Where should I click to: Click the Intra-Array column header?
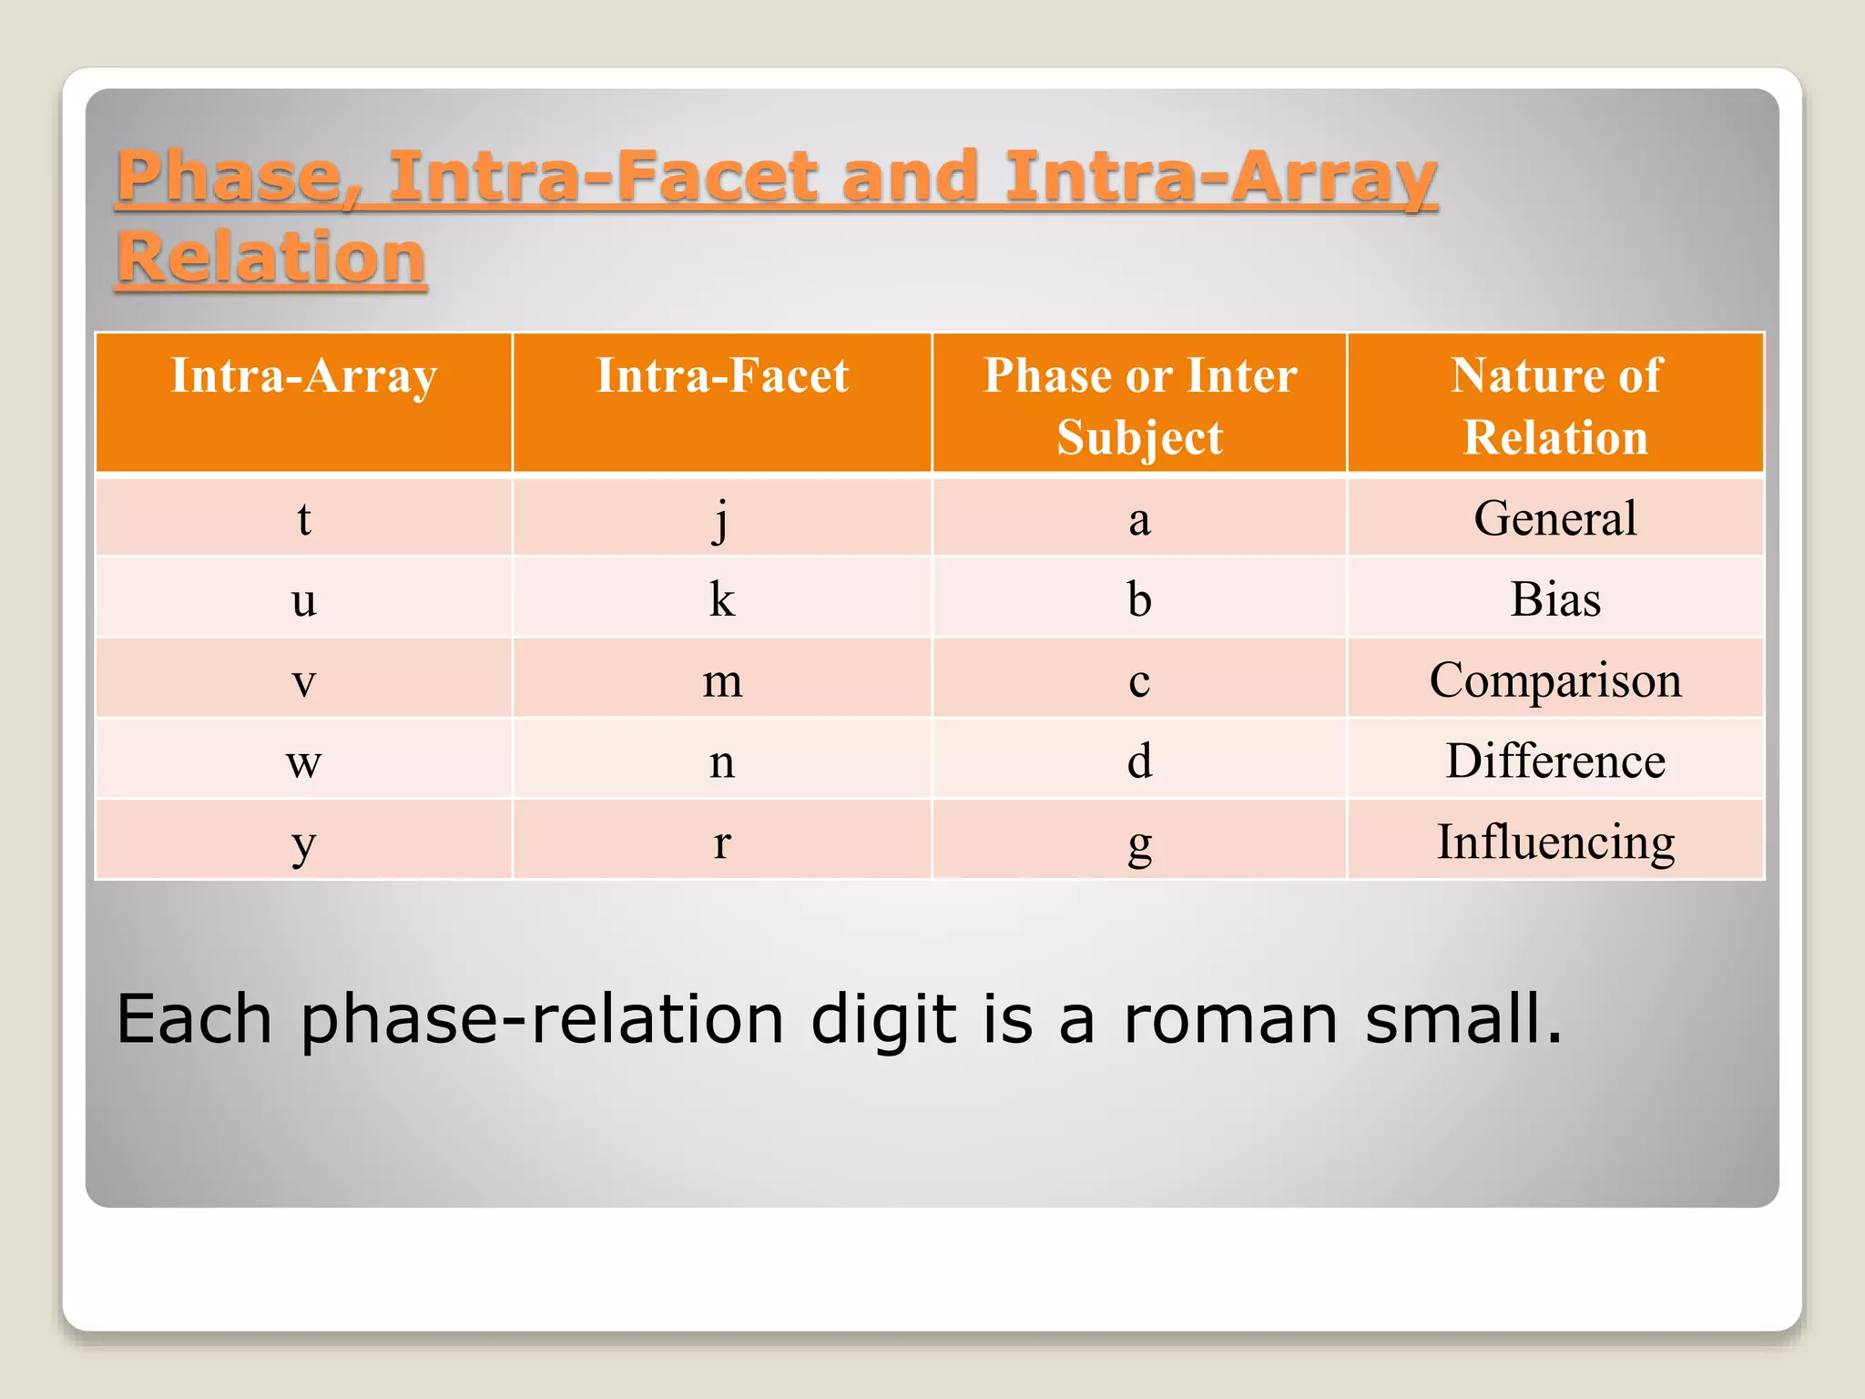pos(304,375)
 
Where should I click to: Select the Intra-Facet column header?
pos(722,375)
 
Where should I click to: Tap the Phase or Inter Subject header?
pos(1139,405)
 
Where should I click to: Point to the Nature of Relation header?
pos(1555,405)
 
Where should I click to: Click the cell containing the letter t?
pos(304,519)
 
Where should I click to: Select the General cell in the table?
pos(1555,518)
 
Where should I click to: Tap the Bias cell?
pos(1555,599)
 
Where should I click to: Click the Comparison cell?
pos(1555,680)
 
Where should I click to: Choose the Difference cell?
pos(1555,761)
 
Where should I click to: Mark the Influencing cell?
pos(1555,842)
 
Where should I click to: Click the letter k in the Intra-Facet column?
pos(722,599)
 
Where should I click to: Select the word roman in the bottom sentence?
pos(1230,1018)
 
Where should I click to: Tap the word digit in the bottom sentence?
pos(883,1018)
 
